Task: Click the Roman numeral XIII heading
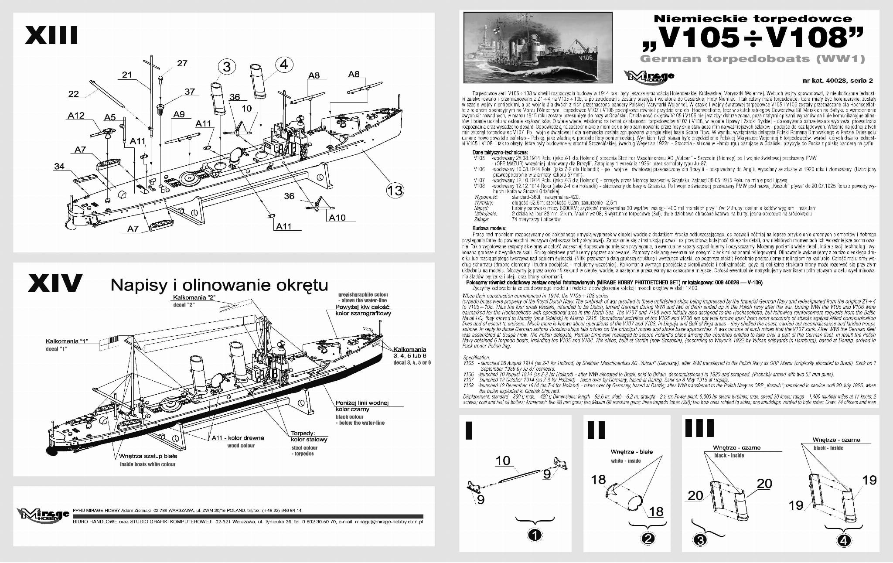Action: [51, 36]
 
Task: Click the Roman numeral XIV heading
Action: [55, 283]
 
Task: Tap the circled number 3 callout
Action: [227, 67]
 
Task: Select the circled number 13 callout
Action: [395, 190]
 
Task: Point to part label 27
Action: [182, 63]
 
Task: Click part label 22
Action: [74, 94]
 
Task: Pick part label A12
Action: [76, 116]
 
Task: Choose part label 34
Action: [59, 166]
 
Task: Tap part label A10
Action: [337, 218]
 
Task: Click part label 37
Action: [189, 92]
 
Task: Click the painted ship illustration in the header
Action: [538, 47]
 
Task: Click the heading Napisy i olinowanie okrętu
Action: [219, 285]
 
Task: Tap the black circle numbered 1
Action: [535, 535]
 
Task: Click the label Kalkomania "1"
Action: [70, 341]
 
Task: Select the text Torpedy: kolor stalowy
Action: [309, 437]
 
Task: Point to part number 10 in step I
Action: [503, 461]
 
